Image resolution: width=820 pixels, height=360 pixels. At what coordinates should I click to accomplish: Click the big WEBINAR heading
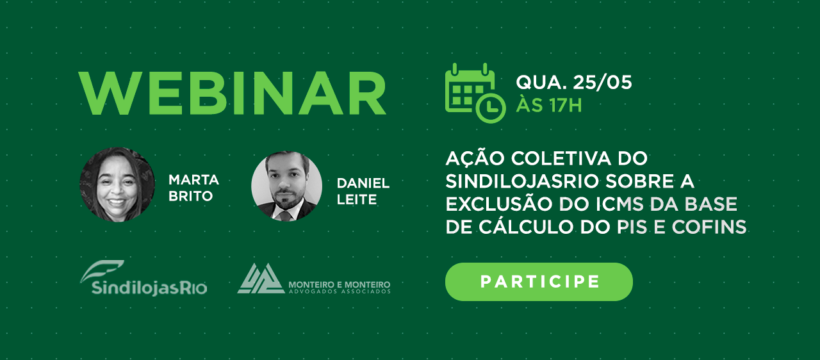coord(233,94)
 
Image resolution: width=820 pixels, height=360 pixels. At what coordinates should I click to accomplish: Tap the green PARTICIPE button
coord(539,282)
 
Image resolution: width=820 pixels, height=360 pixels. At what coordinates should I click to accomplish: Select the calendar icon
coord(475,93)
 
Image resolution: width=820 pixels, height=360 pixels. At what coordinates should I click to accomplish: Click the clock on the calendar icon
coord(491,108)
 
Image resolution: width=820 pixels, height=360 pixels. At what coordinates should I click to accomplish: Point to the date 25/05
coord(603,83)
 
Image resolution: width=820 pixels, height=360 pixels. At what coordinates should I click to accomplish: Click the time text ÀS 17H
coord(549,104)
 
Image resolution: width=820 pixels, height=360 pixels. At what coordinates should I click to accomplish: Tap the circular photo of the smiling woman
coord(117,184)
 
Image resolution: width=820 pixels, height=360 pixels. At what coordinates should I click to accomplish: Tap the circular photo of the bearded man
coord(286,186)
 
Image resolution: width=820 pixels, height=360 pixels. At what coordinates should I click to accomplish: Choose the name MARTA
coord(193,180)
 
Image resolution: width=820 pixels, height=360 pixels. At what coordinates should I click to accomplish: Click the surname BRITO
coord(190,197)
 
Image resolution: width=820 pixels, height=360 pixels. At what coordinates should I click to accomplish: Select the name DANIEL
coord(363,183)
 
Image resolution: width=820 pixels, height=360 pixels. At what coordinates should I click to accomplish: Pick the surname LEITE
coord(357,200)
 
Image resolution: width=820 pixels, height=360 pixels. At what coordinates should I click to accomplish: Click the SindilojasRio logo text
coord(149,288)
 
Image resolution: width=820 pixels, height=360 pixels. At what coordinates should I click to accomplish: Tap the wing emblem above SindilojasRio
coord(101,271)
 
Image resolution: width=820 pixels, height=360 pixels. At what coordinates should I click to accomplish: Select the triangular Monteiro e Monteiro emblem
coord(261,279)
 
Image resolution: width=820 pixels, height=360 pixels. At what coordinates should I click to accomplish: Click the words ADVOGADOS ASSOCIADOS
coord(340,291)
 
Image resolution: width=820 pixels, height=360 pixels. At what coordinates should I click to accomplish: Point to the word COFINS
coord(709,227)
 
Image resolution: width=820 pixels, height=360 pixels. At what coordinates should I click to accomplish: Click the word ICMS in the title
coord(619,204)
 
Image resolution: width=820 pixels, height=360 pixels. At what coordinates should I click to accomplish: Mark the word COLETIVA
coord(561,158)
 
